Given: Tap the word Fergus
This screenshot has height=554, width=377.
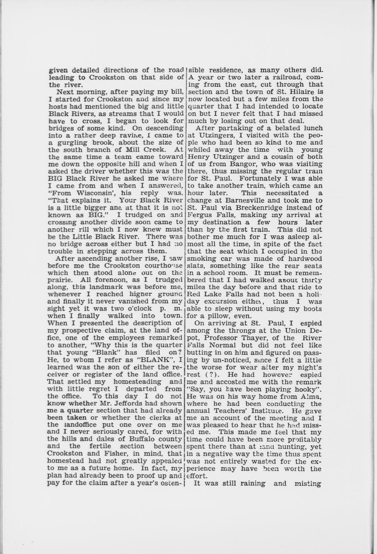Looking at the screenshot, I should (202, 215).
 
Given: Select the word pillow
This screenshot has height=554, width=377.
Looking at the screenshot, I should (216, 316).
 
